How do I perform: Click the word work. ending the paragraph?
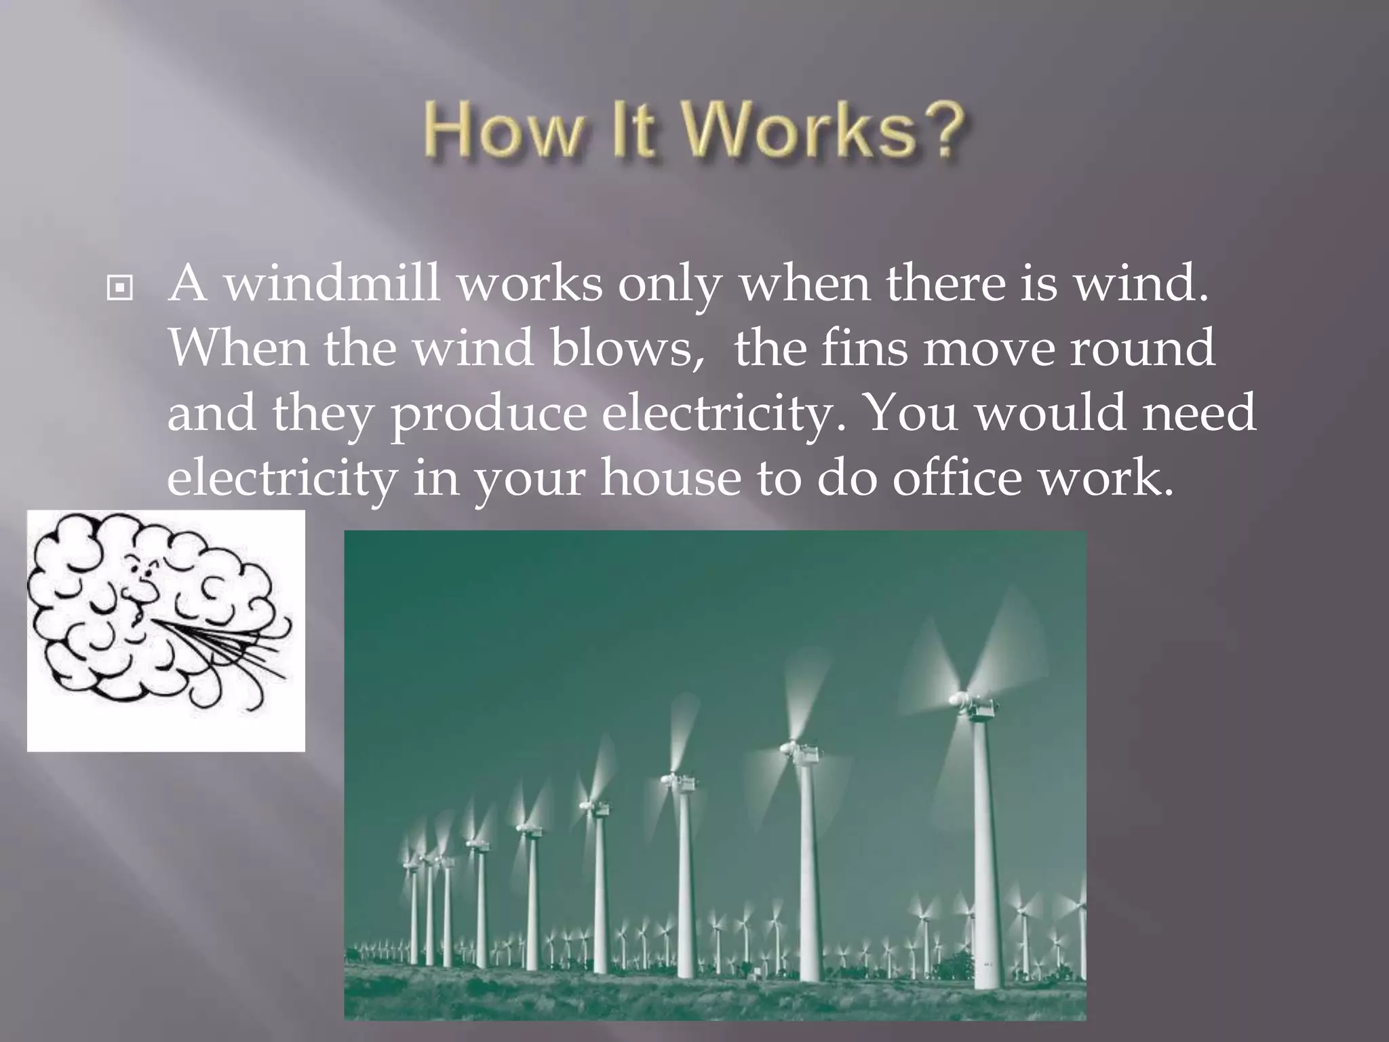pyautogui.click(x=1106, y=479)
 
